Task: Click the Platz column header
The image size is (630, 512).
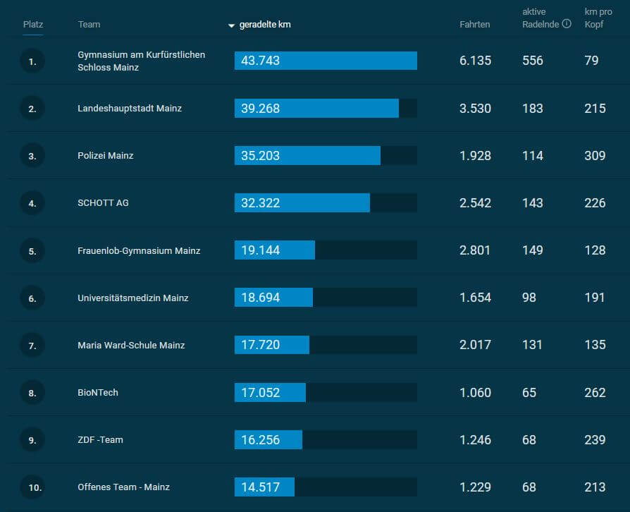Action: tap(33, 24)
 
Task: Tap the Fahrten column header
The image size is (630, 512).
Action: tap(474, 24)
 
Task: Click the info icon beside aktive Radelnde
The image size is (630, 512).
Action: tap(567, 24)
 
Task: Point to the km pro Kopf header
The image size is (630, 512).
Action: tap(598, 18)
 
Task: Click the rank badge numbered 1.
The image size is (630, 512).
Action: tap(32, 61)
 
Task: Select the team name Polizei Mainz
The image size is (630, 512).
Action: tap(105, 155)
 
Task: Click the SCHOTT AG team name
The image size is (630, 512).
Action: tap(103, 202)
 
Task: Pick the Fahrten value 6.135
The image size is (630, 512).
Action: tap(475, 61)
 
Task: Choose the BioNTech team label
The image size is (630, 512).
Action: tap(98, 392)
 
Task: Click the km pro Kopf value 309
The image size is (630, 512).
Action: tap(595, 155)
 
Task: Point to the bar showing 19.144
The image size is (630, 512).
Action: tap(274, 250)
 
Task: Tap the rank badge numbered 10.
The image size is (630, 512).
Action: tap(32, 487)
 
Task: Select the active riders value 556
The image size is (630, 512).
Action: tap(533, 61)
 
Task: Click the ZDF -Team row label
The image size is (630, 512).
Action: tap(100, 439)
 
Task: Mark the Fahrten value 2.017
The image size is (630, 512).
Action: tap(475, 345)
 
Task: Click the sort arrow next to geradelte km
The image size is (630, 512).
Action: tap(231, 25)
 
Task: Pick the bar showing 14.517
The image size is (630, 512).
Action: tap(264, 487)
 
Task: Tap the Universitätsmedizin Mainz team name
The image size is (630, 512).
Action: tap(132, 298)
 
